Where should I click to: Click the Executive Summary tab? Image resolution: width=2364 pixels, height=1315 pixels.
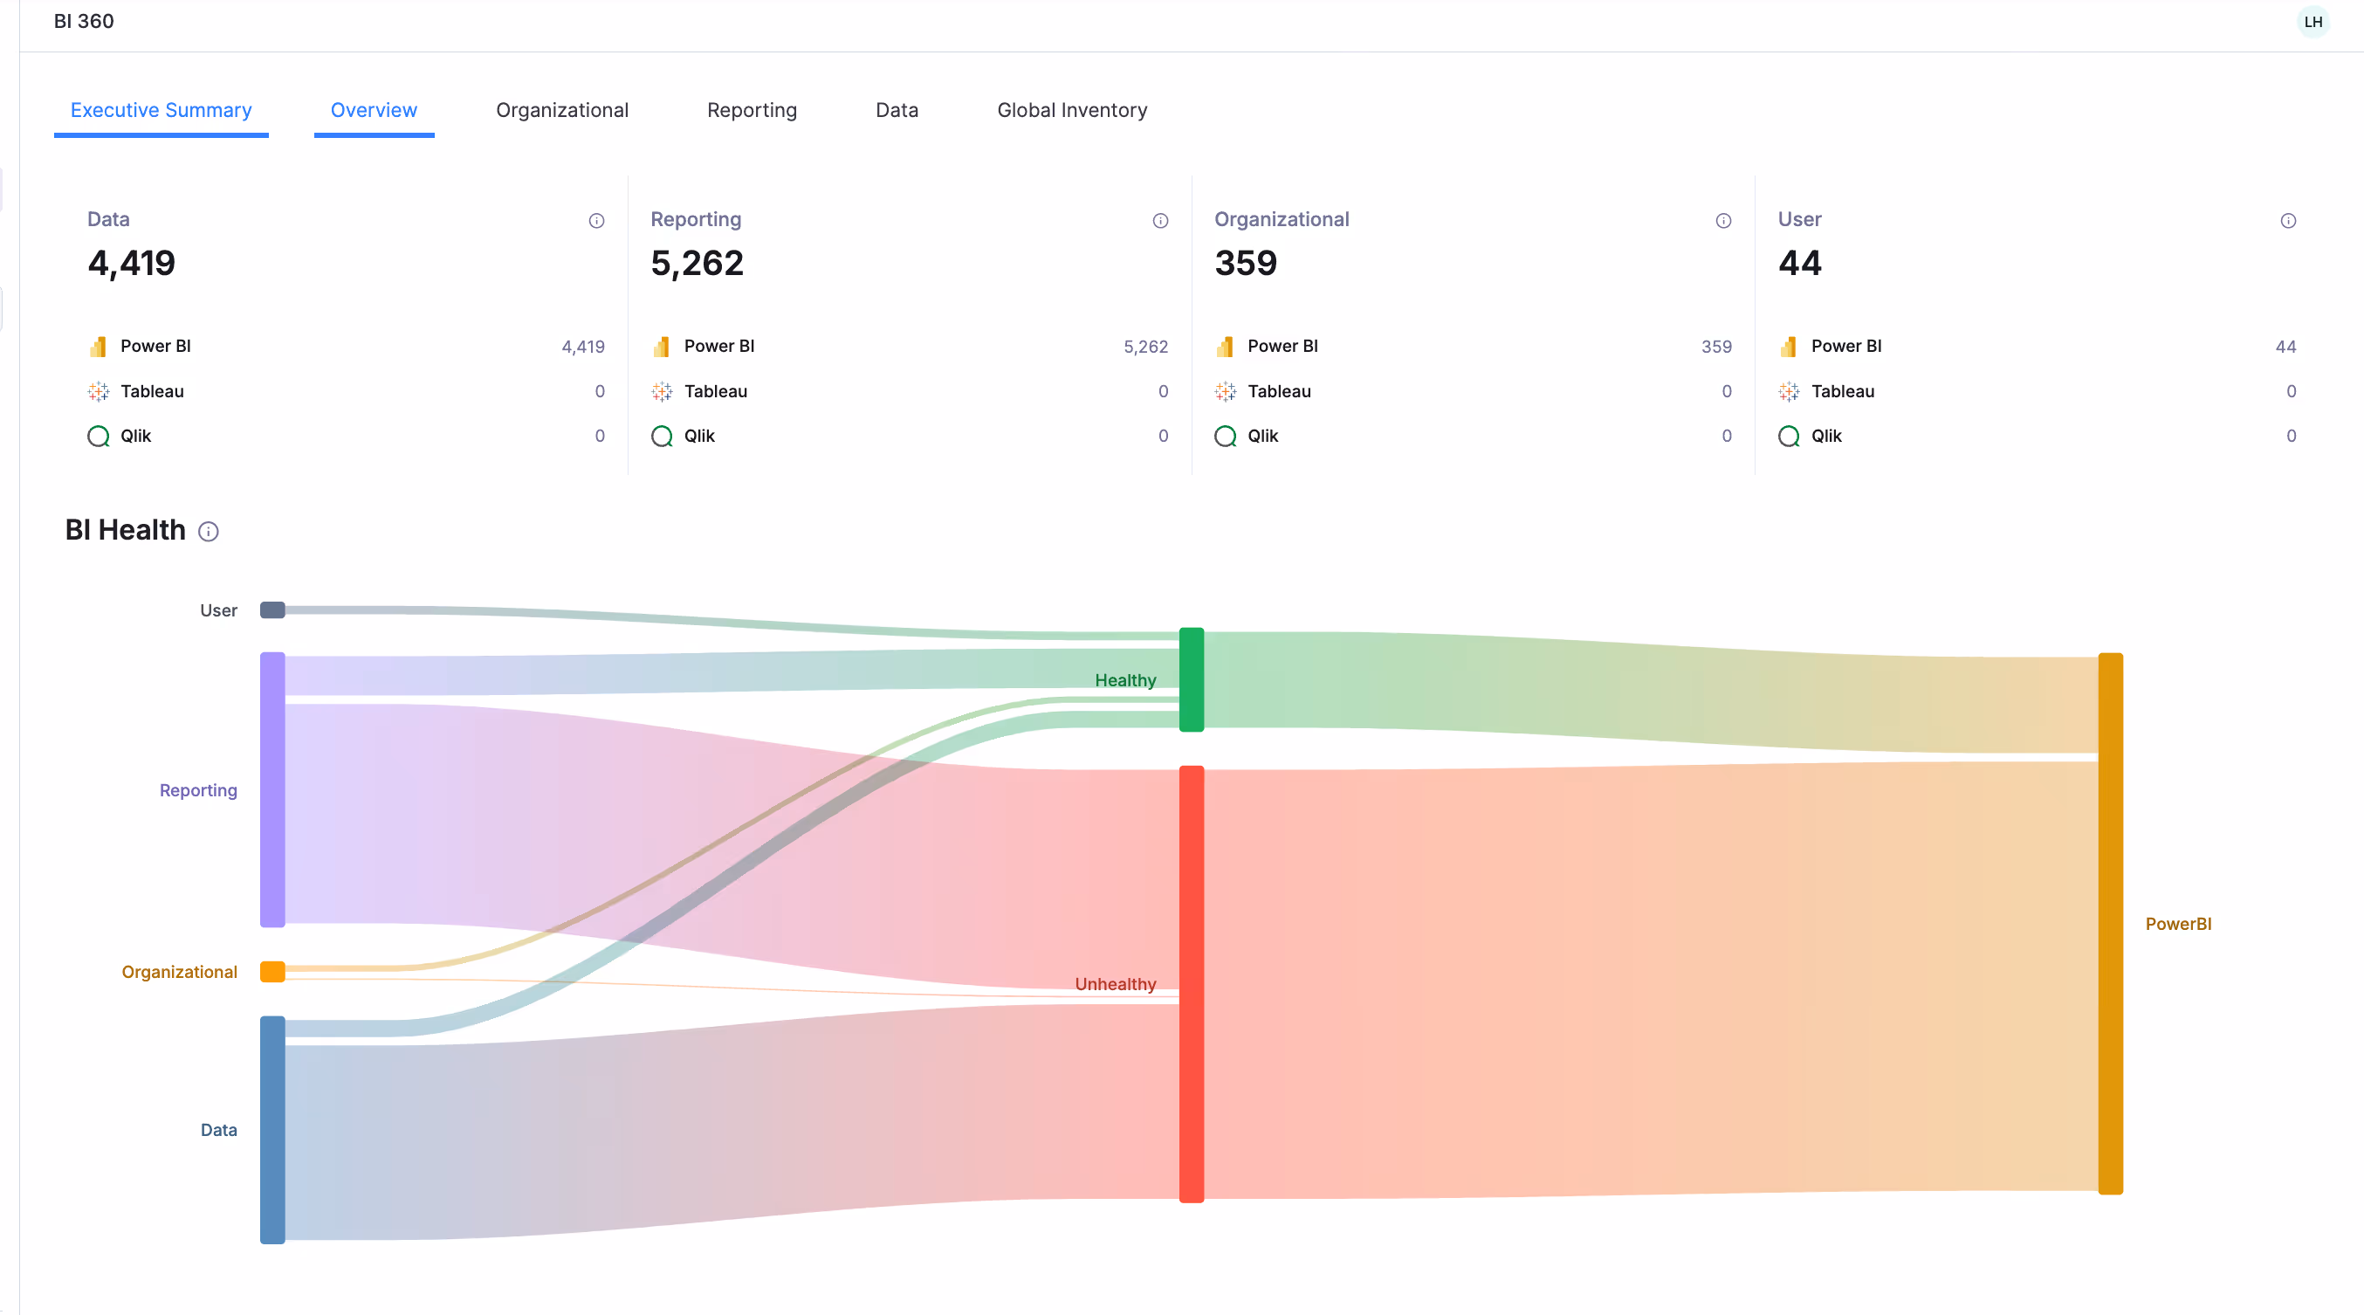tap(161, 110)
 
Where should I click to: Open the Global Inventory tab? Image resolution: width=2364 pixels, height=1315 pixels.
tap(1072, 110)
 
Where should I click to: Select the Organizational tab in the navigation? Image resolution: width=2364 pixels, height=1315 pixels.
tap(561, 110)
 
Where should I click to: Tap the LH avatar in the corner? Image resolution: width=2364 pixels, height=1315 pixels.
tap(2312, 21)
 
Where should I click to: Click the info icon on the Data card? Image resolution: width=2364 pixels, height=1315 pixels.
tap(596, 220)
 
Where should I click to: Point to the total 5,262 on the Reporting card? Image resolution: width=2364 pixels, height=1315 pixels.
tap(697, 264)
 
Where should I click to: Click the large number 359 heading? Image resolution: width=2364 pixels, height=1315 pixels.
tap(1246, 264)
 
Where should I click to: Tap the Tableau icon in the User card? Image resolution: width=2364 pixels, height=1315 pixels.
tap(1789, 392)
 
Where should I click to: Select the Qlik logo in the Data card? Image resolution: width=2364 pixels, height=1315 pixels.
tap(98, 436)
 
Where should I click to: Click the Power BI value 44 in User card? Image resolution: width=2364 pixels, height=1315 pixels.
tap(2285, 347)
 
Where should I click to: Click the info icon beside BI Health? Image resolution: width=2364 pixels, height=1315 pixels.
tap(209, 531)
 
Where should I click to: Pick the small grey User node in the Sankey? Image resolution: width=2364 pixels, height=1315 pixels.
tap(272, 610)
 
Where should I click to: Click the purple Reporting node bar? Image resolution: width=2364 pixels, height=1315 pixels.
tap(272, 790)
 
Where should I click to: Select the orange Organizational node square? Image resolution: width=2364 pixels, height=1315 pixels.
tap(272, 972)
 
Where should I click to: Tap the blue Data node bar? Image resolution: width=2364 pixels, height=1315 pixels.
tap(272, 1130)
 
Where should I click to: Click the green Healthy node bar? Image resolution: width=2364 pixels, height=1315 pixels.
tap(1192, 679)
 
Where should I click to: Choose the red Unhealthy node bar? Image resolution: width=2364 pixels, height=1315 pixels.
tap(1192, 984)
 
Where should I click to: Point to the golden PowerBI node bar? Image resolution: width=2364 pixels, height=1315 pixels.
tap(2111, 923)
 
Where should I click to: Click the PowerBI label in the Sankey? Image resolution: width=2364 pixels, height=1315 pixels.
tap(2178, 924)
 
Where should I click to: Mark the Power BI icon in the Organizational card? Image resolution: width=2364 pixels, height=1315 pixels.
tap(1225, 347)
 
